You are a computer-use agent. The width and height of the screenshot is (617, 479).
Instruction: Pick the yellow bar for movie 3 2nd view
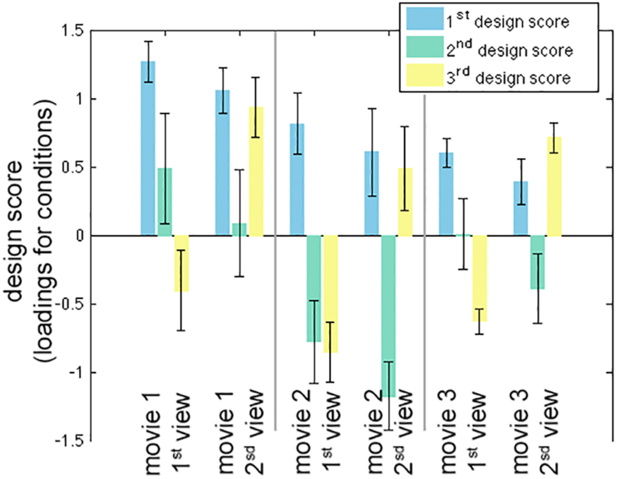554,186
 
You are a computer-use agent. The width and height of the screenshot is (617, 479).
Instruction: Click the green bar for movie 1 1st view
165,202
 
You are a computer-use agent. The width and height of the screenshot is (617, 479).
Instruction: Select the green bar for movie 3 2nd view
537,262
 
